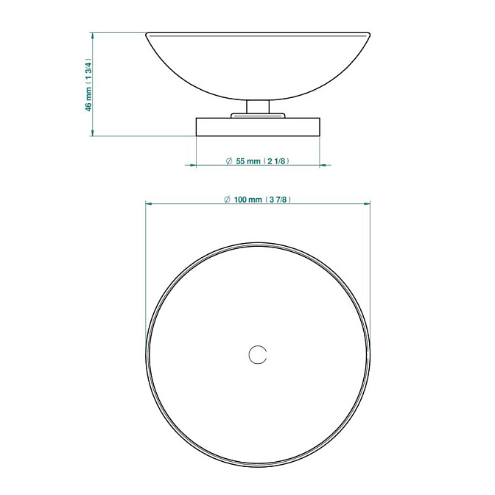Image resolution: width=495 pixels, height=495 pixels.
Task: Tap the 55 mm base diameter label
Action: click(257, 161)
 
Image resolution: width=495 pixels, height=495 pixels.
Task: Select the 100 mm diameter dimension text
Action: click(257, 200)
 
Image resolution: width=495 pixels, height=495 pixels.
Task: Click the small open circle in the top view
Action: click(258, 355)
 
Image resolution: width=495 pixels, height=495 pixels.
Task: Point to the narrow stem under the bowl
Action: click(258, 107)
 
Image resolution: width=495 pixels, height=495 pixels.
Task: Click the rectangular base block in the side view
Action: click(258, 127)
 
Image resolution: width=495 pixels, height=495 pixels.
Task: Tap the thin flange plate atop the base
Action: click(258, 116)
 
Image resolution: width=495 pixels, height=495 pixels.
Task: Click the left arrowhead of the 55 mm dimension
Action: click(192, 165)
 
